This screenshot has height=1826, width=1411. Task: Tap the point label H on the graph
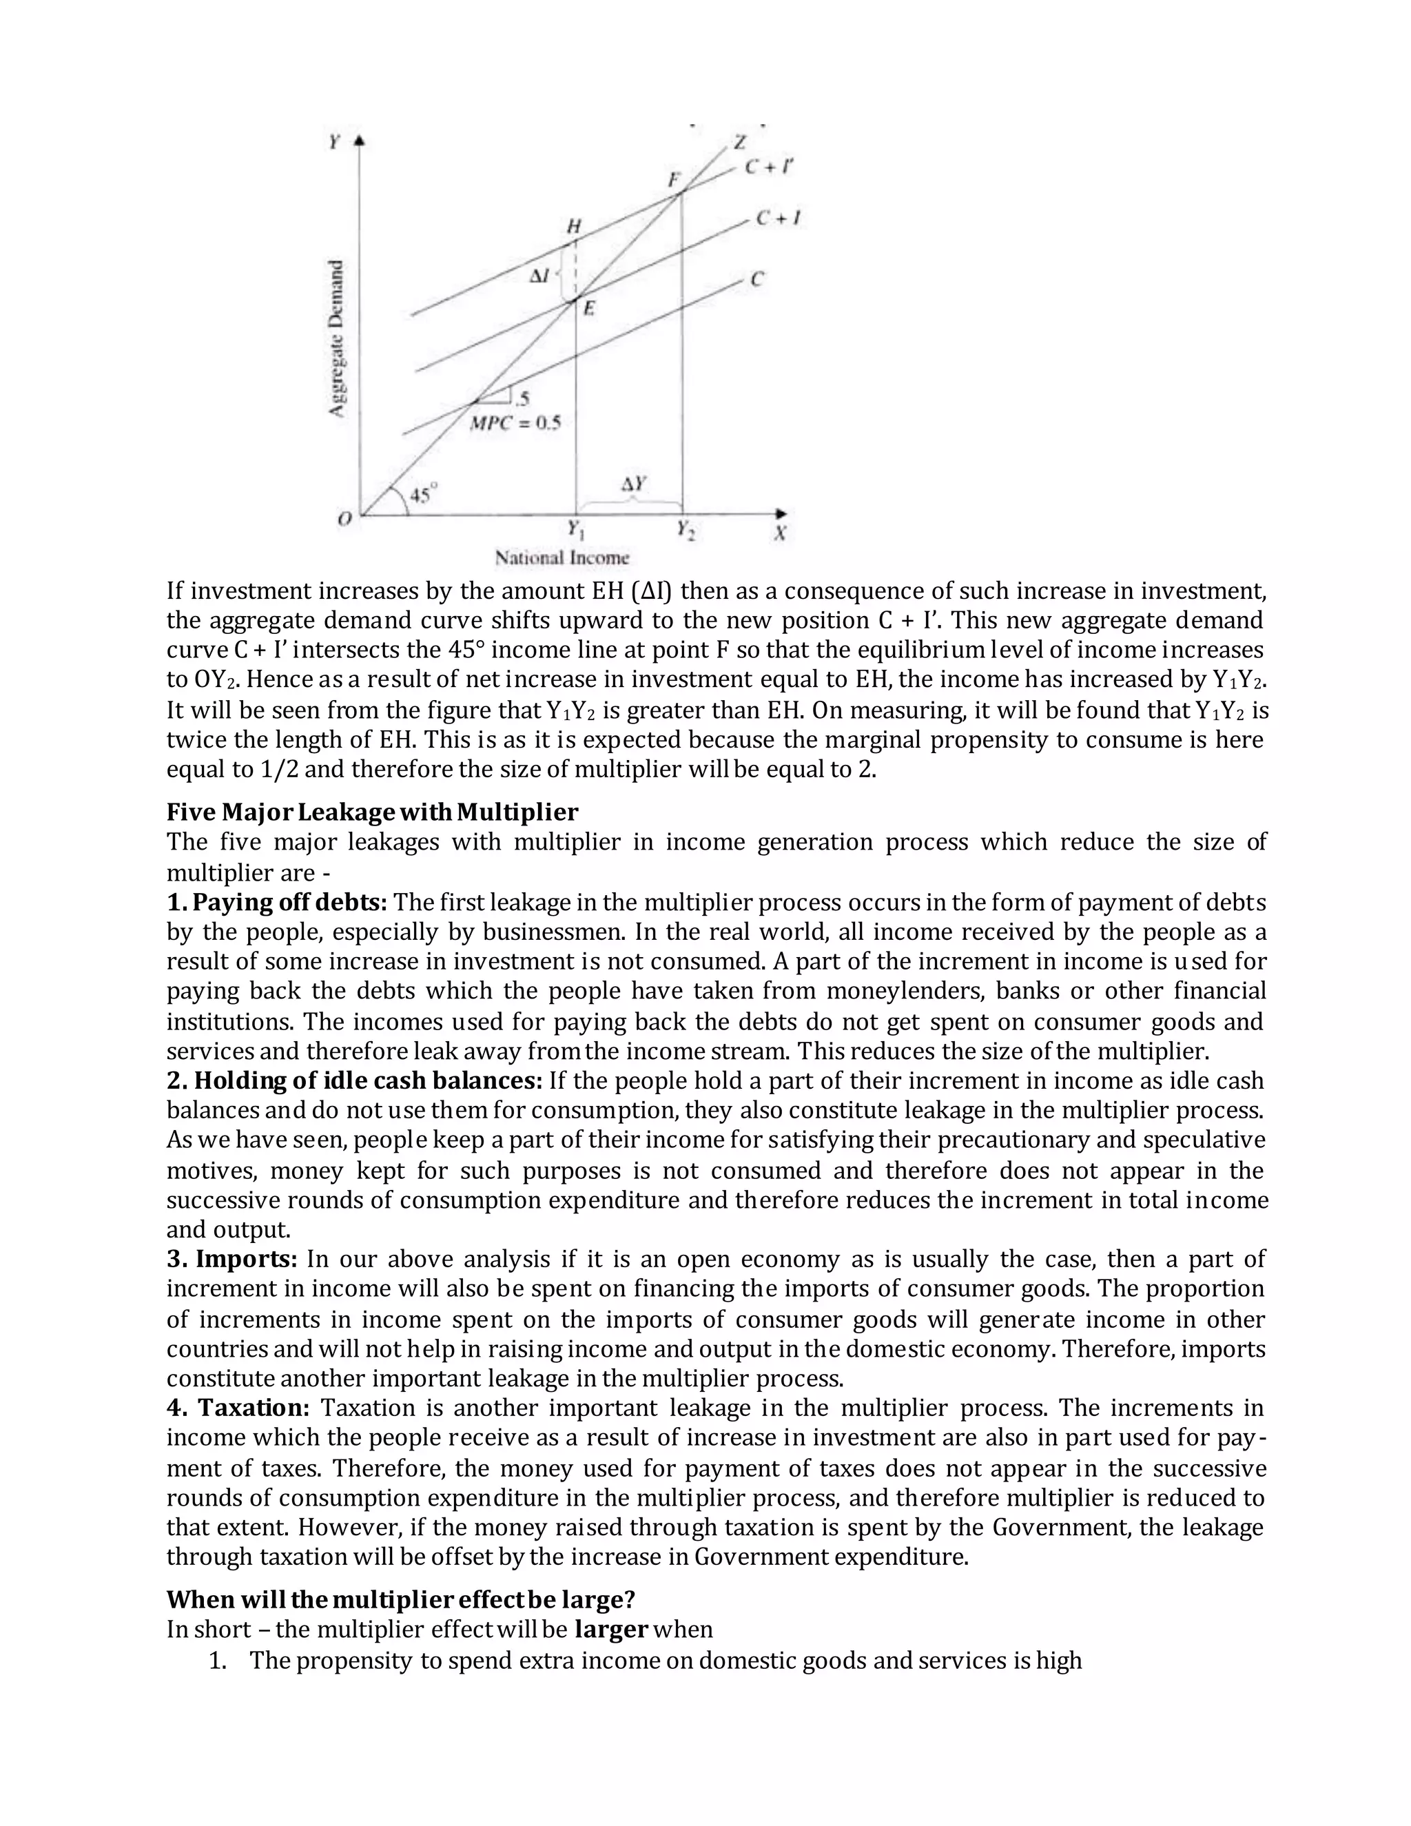pyautogui.click(x=573, y=226)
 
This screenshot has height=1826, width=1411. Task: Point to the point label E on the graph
pyautogui.click(x=588, y=309)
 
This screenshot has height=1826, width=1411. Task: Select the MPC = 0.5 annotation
pyautogui.click(x=515, y=423)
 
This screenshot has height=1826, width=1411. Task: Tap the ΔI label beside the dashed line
pyautogui.click(x=540, y=275)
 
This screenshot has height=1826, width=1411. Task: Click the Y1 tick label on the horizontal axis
pyautogui.click(x=575, y=529)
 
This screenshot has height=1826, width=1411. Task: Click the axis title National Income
pyautogui.click(x=562, y=557)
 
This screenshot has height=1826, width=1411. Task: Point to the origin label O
pyautogui.click(x=344, y=520)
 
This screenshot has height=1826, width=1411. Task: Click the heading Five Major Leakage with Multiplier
pyautogui.click(x=372, y=812)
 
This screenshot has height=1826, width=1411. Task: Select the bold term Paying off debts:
pyautogui.click(x=277, y=902)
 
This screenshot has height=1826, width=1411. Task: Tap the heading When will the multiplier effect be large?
pyautogui.click(x=400, y=1599)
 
